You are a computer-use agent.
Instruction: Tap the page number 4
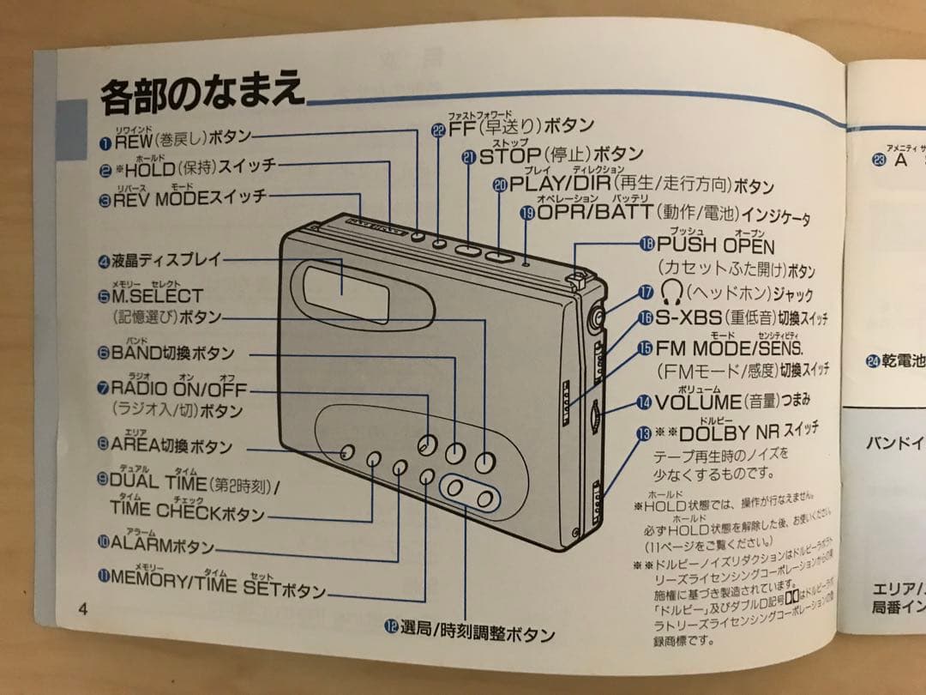pos(82,609)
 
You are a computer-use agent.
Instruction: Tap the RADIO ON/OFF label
pos(177,390)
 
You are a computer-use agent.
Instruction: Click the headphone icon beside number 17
pos(670,292)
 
